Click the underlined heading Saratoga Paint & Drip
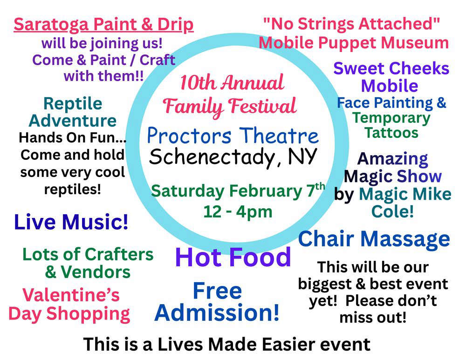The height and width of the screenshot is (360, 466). pyautogui.click(x=103, y=25)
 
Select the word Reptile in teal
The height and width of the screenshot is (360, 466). pyautogui.click(x=73, y=104)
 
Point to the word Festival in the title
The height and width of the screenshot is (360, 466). pyautogui.click(x=262, y=106)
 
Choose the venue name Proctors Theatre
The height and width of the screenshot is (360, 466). pyautogui.click(x=233, y=136)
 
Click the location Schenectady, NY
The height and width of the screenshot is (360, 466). pyautogui.click(x=233, y=157)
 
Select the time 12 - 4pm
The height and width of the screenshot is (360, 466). pyautogui.click(x=238, y=212)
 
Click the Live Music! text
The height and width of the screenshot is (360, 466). pyautogui.click(x=71, y=222)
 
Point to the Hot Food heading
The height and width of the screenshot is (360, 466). pyautogui.click(x=233, y=257)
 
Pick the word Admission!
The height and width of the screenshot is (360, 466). pyautogui.click(x=217, y=313)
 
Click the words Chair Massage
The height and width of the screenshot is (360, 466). pyautogui.click(x=374, y=239)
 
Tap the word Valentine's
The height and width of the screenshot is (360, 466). pyautogui.click(x=71, y=295)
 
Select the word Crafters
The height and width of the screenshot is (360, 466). pyautogui.click(x=119, y=255)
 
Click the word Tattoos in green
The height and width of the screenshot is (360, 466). pyautogui.click(x=391, y=132)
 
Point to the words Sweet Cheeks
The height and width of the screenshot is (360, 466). pyautogui.click(x=391, y=69)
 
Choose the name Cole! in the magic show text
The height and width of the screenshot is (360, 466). pyautogui.click(x=392, y=211)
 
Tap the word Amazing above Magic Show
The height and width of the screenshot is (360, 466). pyautogui.click(x=392, y=159)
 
